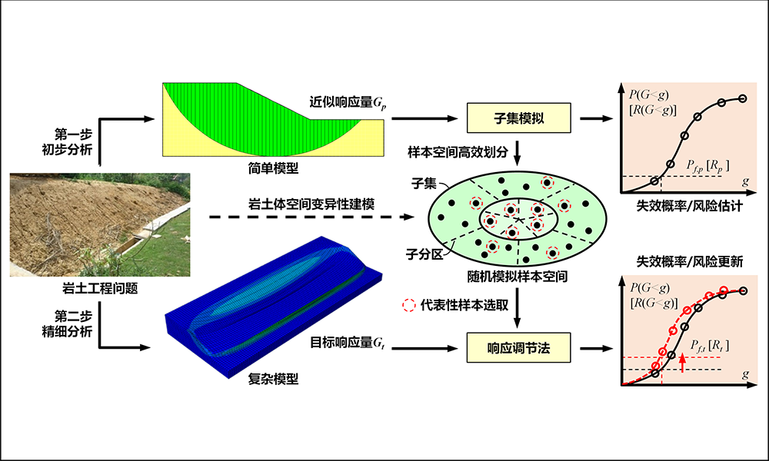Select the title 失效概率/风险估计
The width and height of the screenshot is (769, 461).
687,207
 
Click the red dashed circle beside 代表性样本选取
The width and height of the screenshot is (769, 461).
408,304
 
